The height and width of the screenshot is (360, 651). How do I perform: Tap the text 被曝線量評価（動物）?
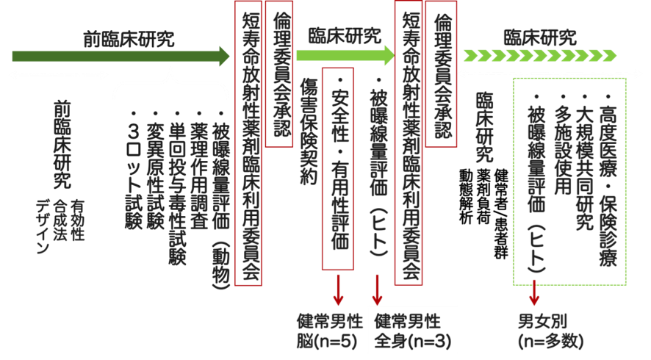click(221, 198)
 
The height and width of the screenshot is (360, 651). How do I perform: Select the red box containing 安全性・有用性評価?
click(338, 168)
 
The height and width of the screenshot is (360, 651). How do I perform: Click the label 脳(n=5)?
click(329, 342)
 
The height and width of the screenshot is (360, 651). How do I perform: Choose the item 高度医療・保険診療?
click(607, 177)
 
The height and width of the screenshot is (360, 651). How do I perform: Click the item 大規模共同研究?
click(585, 161)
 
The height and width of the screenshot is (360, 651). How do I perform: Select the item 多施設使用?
click(564, 144)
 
